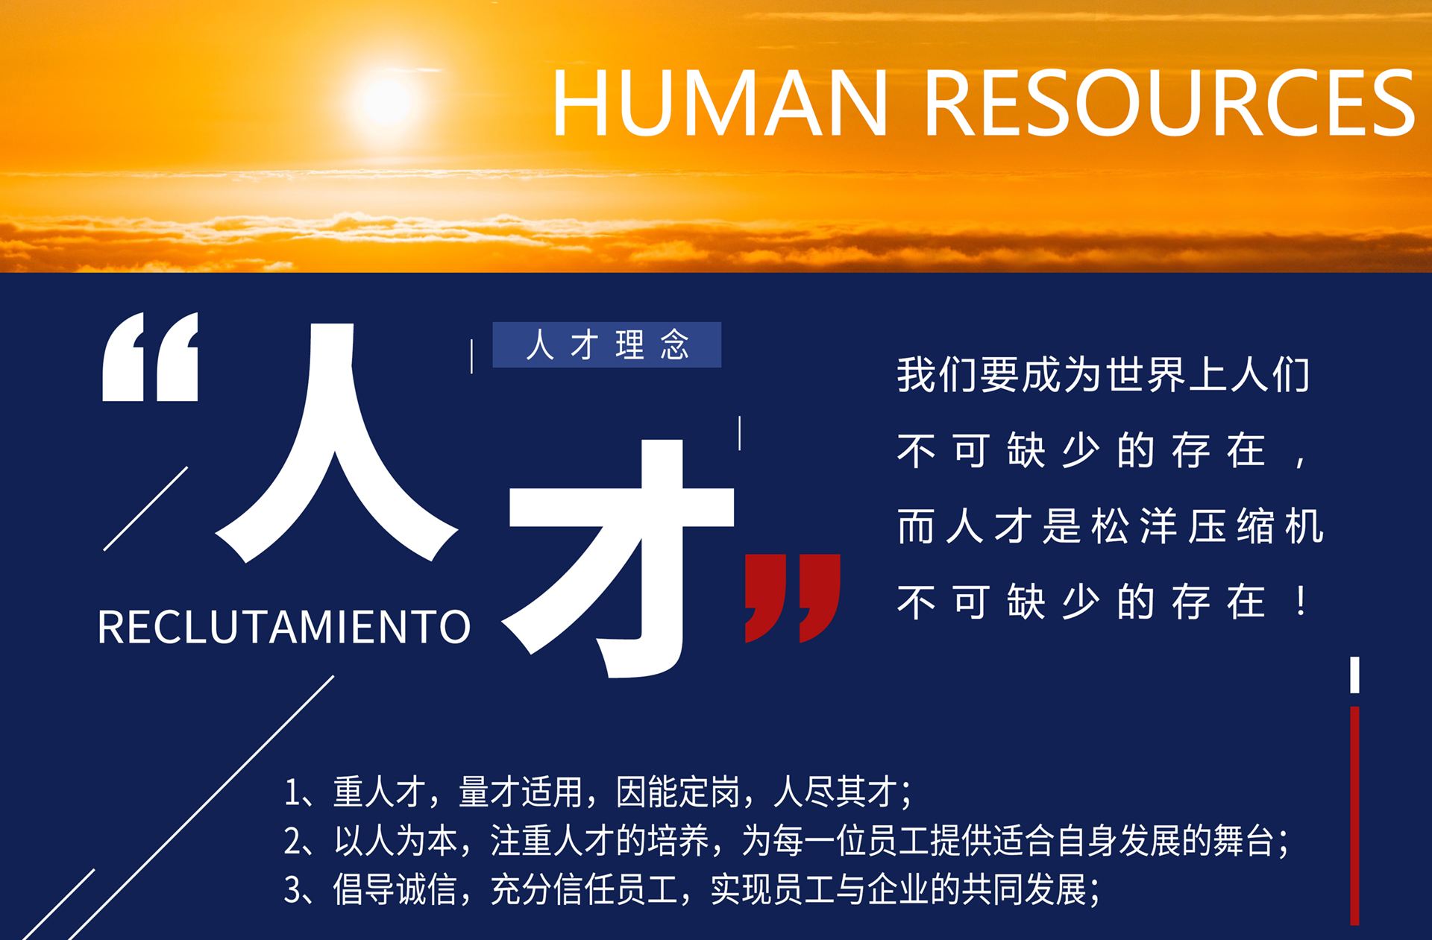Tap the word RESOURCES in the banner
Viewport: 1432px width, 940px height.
pyautogui.click(x=1169, y=102)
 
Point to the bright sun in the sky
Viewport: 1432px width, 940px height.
pyautogui.click(x=387, y=100)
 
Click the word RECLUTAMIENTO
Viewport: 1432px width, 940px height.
pyautogui.click(x=284, y=627)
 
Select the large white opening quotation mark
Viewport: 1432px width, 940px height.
pyautogui.click(x=151, y=356)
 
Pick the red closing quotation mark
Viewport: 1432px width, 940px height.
pyautogui.click(x=793, y=598)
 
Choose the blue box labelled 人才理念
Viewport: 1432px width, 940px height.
pyautogui.click(x=607, y=344)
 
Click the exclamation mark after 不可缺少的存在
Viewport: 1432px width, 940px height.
pyautogui.click(x=1301, y=601)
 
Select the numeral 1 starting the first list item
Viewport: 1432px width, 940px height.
pyautogui.click(x=291, y=792)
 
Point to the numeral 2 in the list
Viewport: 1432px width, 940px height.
pyautogui.click(x=292, y=841)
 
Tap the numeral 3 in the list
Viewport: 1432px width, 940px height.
pyautogui.click(x=292, y=889)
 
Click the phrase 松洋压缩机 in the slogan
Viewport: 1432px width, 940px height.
pyautogui.click(x=1208, y=526)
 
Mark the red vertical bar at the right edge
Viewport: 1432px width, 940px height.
pyautogui.click(x=1354, y=816)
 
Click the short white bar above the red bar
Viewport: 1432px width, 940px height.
pyautogui.click(x=1354, y=675)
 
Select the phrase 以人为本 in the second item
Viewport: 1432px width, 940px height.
pyautogui.click(x=396, y=841)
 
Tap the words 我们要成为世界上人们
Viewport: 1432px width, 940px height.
pyautogui.click(x=1103, y=374)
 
